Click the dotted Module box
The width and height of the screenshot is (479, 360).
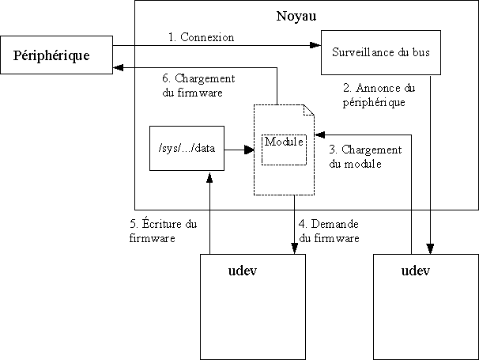coord(284,144)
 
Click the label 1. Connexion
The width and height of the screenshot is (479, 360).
coord(202,36)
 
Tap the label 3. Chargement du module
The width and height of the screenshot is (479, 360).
coord(364,157)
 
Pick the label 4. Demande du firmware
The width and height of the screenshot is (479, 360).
coord(330,230)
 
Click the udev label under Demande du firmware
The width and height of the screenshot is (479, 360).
coord(242,271)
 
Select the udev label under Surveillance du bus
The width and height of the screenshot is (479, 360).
coord(414,271)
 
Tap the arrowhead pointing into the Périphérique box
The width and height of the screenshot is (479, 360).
coord(117,68)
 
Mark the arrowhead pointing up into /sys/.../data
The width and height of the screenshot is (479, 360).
coord(209,176)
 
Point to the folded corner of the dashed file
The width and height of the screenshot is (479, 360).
coord(310,110)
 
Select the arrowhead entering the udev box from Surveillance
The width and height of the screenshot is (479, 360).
coord(432,248)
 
